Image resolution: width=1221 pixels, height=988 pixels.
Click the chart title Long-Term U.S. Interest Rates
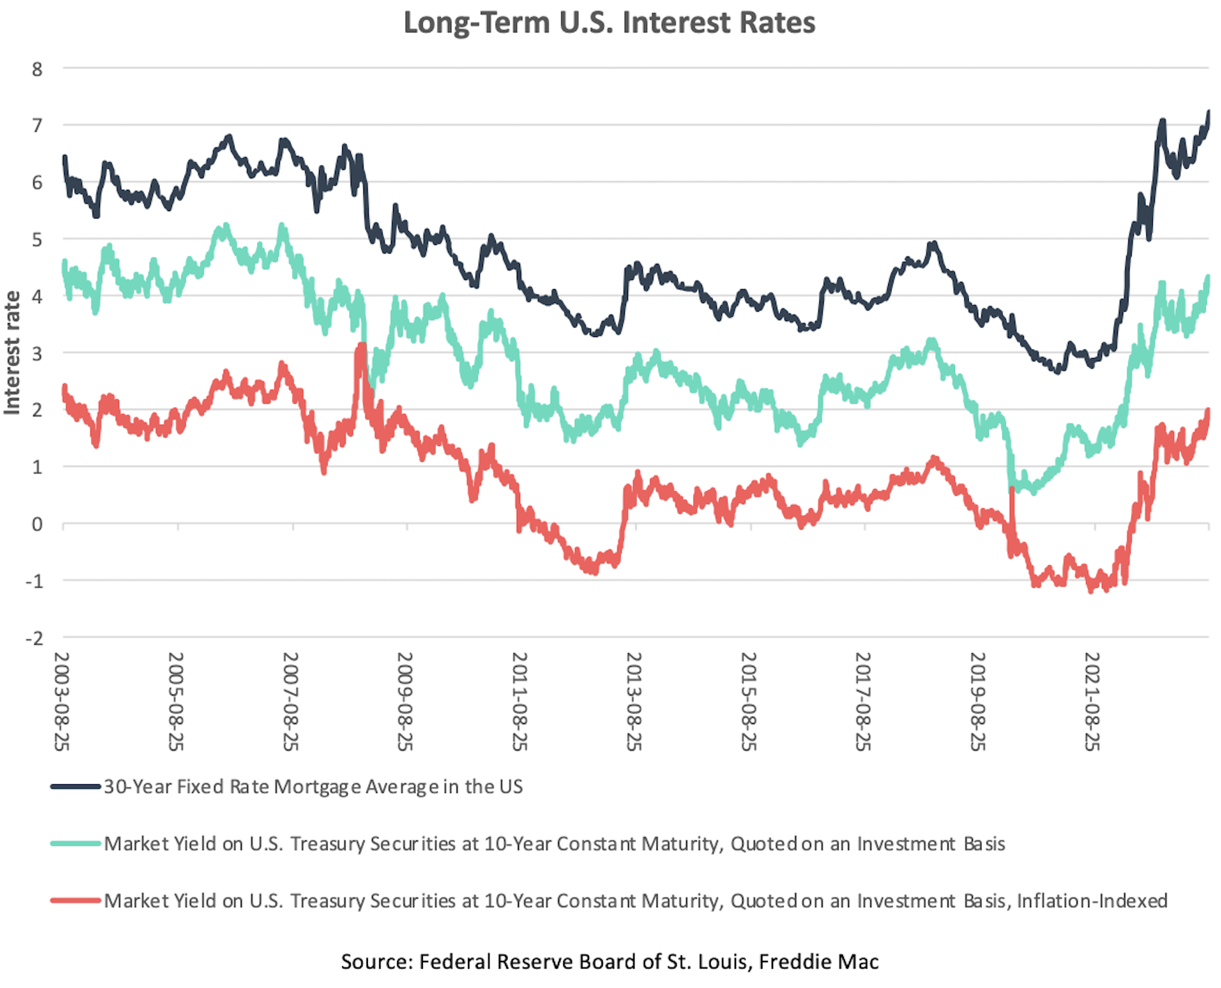(x=609, y=22)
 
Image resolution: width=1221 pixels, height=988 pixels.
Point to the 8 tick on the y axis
(x=37, y=69)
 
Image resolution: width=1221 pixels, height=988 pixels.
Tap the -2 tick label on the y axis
(x=34, y=638)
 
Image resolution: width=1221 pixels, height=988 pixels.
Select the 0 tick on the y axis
(x=37, y=524)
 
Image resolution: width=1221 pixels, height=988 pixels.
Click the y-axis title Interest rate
(x=12, y=353)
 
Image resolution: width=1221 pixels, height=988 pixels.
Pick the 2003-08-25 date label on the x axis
(x=62, y=701)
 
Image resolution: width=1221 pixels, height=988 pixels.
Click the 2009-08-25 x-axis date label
(x=405, y=701)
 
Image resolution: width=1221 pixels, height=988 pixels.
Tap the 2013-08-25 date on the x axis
(x=634, y=701)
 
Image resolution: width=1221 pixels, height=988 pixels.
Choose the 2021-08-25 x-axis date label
(x=1092, y=701)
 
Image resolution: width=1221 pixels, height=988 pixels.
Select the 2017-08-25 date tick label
(x=863, y=701)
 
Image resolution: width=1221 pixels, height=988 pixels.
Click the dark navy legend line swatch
(x=75, y=787)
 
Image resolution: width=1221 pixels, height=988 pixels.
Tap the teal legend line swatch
(x=75, y=844)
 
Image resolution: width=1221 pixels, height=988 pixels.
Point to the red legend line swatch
(x=75, y=901)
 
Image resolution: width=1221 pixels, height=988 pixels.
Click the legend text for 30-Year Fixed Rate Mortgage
(x=313, y=787)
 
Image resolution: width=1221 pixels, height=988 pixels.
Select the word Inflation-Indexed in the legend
(x=1092, y=901)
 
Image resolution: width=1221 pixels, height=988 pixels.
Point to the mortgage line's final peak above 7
(x=1208, y=112)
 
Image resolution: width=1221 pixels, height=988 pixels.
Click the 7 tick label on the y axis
(x=37, y=125)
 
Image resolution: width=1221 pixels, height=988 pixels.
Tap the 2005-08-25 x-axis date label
(x=176, y=701)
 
